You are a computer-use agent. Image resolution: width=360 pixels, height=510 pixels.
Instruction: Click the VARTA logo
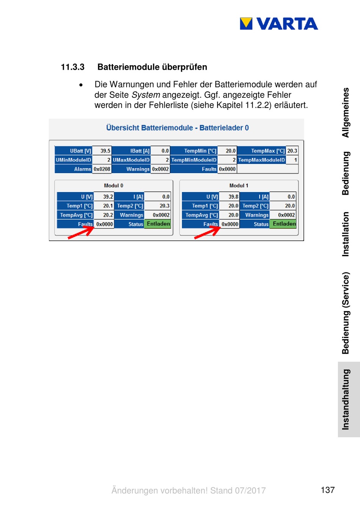(279, 24)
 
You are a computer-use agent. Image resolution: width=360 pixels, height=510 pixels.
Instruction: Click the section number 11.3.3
(73, 67)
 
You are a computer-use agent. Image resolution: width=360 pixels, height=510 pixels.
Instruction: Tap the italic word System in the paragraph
(146, 95)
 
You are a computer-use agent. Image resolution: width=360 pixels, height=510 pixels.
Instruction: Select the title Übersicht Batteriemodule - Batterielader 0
(177, 128)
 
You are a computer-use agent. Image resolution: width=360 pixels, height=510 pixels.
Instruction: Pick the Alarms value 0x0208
(102, 169)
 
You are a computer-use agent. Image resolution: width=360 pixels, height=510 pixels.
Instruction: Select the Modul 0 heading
(113, 186)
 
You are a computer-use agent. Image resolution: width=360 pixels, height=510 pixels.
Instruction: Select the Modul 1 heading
(239, 186)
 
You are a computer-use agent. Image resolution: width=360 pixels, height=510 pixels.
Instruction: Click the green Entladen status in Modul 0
(158, 224)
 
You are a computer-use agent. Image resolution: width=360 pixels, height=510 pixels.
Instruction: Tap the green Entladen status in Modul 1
(284, 224)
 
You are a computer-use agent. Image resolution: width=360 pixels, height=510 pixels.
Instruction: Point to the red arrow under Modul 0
(80, 232)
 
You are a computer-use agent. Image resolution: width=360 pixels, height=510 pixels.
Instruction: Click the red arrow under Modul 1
(207, 232)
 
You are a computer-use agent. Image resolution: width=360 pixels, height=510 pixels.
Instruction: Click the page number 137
(327, 490)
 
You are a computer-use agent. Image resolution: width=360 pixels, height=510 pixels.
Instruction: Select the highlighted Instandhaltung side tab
(346, 399)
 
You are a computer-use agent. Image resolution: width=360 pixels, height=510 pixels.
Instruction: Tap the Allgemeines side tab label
(346, 113)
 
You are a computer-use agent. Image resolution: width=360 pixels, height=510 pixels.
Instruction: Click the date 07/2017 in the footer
(250, 490)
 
